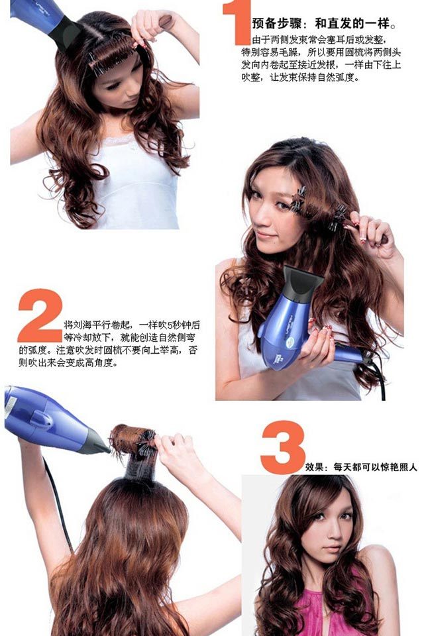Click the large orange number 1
(237, 23)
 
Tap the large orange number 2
(40, 315)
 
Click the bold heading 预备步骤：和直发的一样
(323, 24)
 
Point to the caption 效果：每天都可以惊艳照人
(361, 467)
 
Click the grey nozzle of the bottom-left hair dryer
(95, 443)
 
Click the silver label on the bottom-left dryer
(10, 406)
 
